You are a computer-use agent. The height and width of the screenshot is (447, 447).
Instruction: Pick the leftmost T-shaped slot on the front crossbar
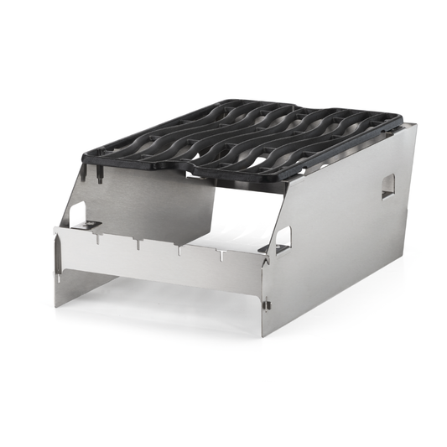(x=96, y=239)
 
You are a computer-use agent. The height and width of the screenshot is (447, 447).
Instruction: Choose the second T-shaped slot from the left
(x=136, y=244)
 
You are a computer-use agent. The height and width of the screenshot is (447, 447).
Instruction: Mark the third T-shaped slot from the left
(x=178, y=249)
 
